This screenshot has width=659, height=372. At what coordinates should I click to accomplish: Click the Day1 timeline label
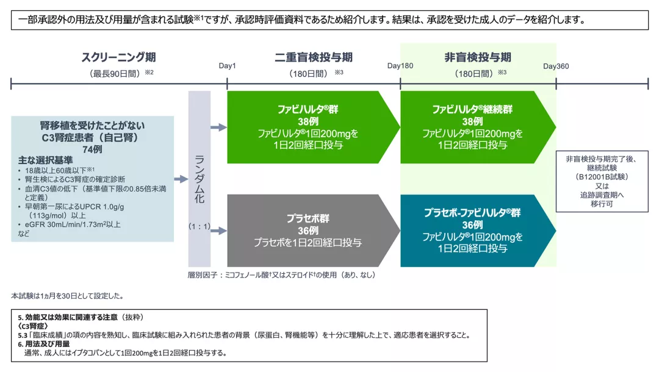click(227, 66)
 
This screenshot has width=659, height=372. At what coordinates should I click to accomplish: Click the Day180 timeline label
click(400, 66)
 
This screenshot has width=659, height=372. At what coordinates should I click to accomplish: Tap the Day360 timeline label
click(556, 66)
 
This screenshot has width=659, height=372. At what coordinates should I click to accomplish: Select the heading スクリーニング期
click(118, 57)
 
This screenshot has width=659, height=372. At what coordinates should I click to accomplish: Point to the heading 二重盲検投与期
click(314, 57)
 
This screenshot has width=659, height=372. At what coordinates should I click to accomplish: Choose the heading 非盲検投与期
click(478, 57)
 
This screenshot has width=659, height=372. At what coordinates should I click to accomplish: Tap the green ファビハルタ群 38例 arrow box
click(308, 127)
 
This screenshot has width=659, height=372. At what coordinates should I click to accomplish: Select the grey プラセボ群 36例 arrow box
click(308, 231)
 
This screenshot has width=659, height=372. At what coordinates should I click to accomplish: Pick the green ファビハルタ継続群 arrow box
click(473, 127)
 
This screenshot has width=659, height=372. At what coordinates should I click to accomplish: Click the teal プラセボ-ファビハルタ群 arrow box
click(473, 231)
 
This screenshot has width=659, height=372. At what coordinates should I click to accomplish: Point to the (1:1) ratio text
click(199, 227)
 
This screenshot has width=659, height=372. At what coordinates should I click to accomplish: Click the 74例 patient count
click(93, 150)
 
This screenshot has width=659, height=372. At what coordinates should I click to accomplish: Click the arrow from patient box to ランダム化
click(181, 179)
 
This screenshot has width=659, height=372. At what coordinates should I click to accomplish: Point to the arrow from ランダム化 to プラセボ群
click(218, 231)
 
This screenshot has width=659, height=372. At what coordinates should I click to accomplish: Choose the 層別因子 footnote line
click(281, 275)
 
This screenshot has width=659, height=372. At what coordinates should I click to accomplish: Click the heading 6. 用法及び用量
click(46, 344)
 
